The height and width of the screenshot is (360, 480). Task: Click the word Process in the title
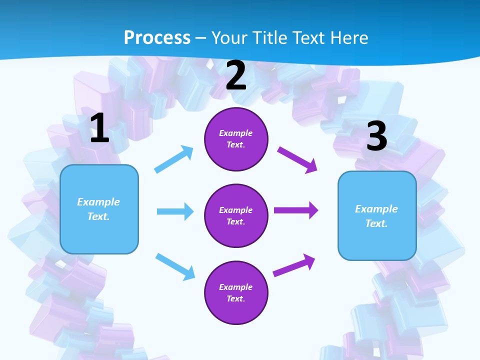click(x=157, y=37)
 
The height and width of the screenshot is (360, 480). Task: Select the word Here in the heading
click(x=348, y=37)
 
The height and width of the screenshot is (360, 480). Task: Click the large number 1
click(x=99, y=128)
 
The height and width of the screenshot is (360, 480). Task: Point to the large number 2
click(x=236, y=75)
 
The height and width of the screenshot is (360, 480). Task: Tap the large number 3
click(x=376, y=136)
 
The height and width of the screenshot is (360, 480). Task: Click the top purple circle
click(x=236, y=139)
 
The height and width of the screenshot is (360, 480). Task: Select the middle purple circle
click(x=236, y=215)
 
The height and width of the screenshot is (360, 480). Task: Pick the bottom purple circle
click(x=236, y=292)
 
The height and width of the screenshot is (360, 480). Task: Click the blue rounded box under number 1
click(x=99, y=209)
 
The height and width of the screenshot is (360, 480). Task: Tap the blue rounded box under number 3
click(x=377, y=216)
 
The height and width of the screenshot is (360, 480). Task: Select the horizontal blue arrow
click(x=175, y=211)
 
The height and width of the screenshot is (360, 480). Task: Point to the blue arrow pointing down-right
click(x=175, y=266)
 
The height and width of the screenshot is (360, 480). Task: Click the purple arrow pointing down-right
click(x=297, y=159)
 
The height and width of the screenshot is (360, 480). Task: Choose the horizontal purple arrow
click(x=296, y=210)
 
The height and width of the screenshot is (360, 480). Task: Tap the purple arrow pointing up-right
click(x=294, y=265)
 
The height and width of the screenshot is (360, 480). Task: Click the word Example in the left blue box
click(x=98, y=202)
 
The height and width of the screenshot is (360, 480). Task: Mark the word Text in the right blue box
click(x=376, y=223)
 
